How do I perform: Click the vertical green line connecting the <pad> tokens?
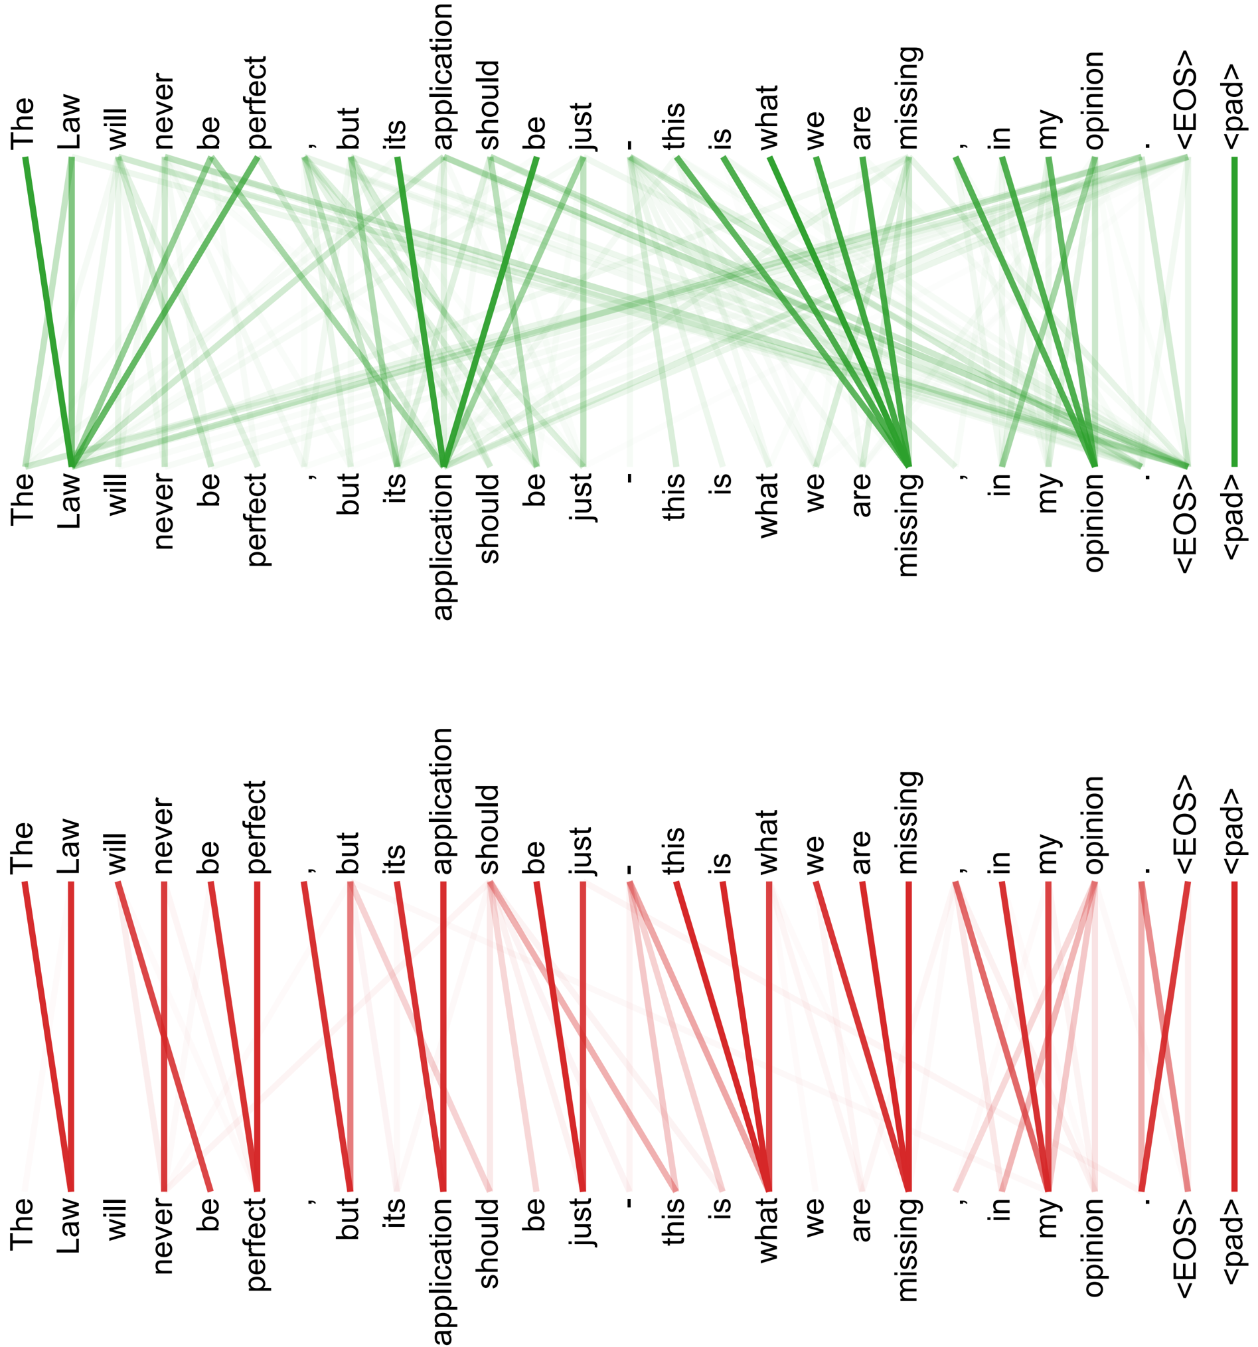[x=1233, y=311]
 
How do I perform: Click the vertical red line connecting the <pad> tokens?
[x=1233, y=1037]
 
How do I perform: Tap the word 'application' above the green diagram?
[x=442, y=76]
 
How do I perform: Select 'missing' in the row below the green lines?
[x=908, y=524]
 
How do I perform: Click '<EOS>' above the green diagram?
[x=1186, y=100]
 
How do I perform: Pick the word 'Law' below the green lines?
[x=70, y=501]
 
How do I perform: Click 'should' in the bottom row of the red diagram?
[x=489, y=1243]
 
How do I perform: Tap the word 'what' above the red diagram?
[x=768, y=842]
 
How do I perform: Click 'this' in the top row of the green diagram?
[x=674, y=126]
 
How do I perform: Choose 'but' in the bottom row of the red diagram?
[x=349, y=1218]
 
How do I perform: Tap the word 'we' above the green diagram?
[x=815, y=130]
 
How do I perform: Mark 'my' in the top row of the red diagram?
[x=1048, y=854]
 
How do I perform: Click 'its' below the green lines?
[x=396, y=489]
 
